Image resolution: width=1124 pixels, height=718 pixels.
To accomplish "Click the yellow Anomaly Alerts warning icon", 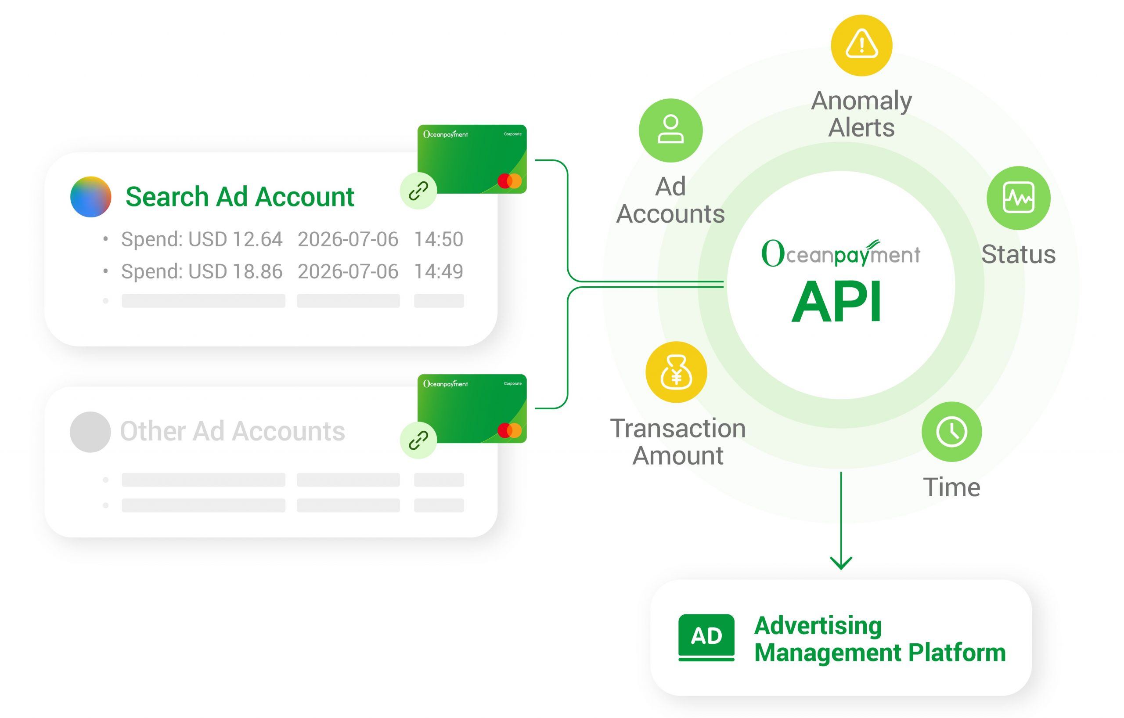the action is (861, 45).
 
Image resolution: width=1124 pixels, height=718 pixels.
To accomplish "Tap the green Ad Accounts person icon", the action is (670, 130).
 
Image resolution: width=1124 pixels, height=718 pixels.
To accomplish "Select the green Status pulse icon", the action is (1018, 198).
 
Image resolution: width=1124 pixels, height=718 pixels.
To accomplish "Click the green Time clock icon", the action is (951, 432).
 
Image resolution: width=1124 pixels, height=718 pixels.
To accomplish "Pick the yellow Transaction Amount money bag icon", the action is (676, 372).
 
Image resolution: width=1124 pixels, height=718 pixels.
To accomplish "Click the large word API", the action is (836, 302).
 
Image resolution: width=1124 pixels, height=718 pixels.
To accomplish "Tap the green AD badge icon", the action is (706, 637).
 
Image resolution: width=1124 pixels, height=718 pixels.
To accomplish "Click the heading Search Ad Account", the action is (240, 197).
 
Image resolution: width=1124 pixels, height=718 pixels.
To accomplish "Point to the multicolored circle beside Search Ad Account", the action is (90, 197).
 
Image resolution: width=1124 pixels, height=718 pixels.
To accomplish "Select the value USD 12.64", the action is (235, 239).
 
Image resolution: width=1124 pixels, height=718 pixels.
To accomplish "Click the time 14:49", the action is (438, 271).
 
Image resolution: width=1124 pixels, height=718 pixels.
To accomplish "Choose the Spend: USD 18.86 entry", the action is (202, 271).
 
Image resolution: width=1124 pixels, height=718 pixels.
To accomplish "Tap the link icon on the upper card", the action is (418, 191).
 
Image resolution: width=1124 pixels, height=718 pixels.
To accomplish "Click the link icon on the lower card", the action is (418, 440).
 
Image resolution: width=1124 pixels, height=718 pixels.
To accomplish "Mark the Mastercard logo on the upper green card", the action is (509, 180).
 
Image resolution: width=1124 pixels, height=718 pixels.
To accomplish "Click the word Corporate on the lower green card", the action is (512, 384).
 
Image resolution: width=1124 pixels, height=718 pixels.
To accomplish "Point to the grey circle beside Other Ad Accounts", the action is (90, 432).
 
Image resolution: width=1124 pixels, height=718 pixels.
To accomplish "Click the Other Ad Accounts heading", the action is (232, 431).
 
